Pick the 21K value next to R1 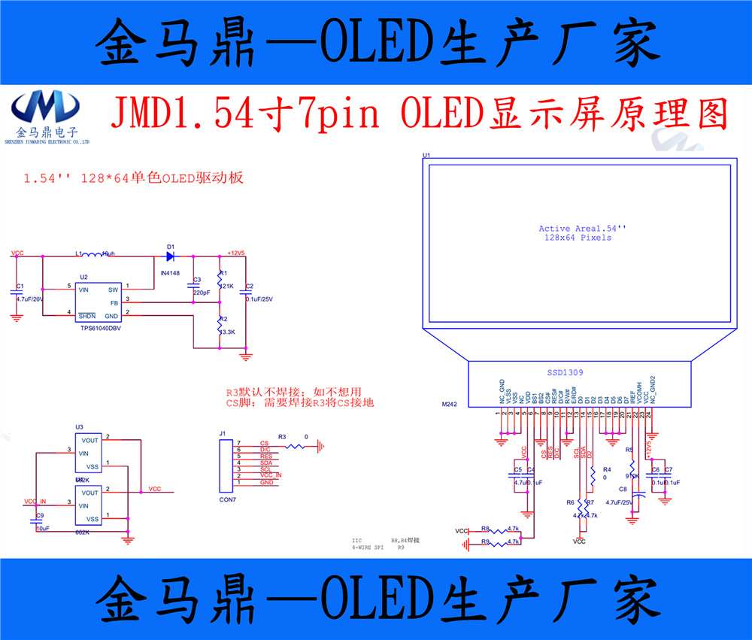(x=227, y=286)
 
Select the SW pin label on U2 (x=114, y=289)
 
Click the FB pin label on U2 (x=114, y=302)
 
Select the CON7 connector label (x=228, y=499)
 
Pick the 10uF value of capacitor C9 (x=43, y=528)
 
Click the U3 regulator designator (x=79, y=426)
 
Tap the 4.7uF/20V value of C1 (x=31, y=298)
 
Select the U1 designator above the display (x=426, y=156)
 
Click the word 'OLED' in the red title (x=442, y=114)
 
